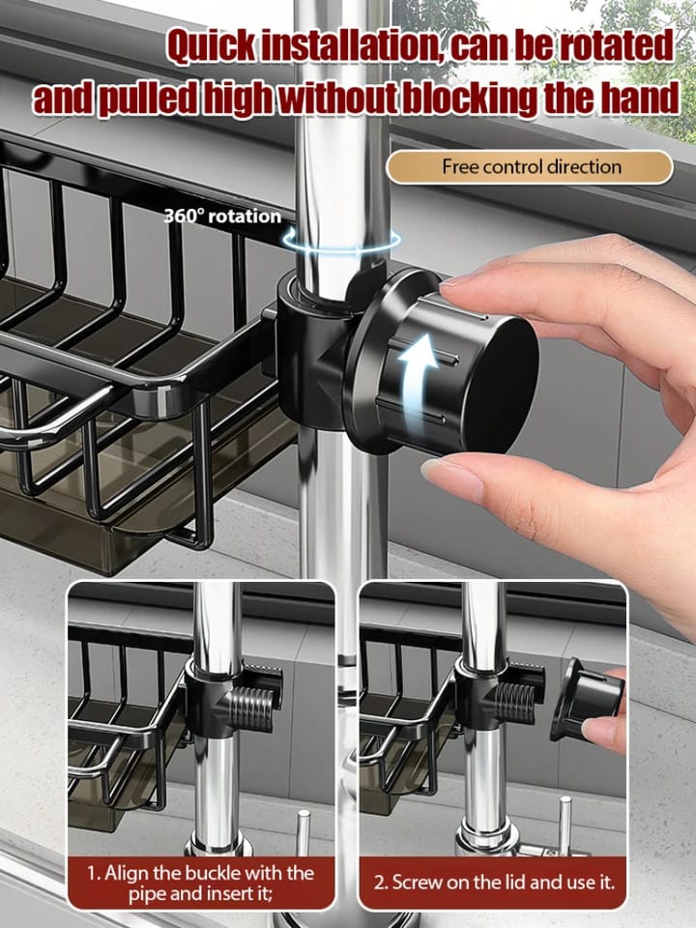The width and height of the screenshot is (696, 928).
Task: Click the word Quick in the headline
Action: pyautogui.click(x=212, y=47)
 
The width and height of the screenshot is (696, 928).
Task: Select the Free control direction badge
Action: pyautogui.click(x=531, y=166)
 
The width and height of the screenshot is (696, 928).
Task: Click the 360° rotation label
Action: pyautogui.click(x=222, y=217)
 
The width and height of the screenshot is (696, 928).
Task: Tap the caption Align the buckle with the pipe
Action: pyautogui.click(x=201, y=882)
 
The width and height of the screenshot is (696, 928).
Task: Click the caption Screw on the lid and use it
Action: pyautogui.click(x=493, y=882)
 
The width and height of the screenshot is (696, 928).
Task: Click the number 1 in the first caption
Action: pyautogui.click(x=94, y=873)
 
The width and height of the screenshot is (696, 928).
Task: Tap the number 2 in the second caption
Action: pyautogui.click(x=379, y=882)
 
